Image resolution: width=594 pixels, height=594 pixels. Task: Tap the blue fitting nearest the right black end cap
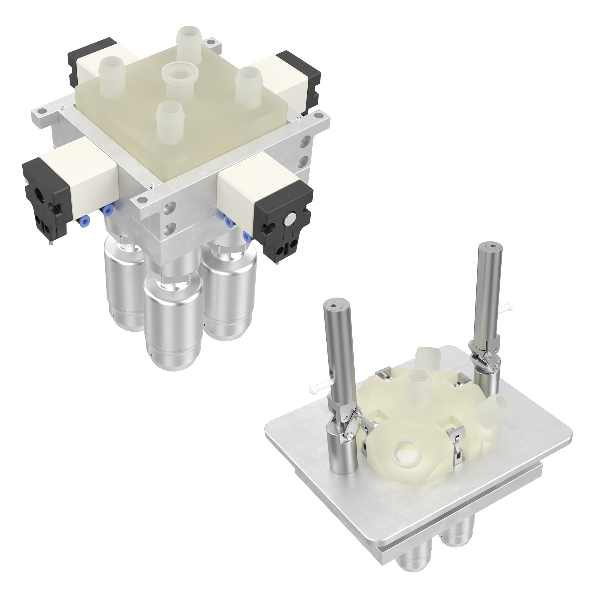tap(246, 236)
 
